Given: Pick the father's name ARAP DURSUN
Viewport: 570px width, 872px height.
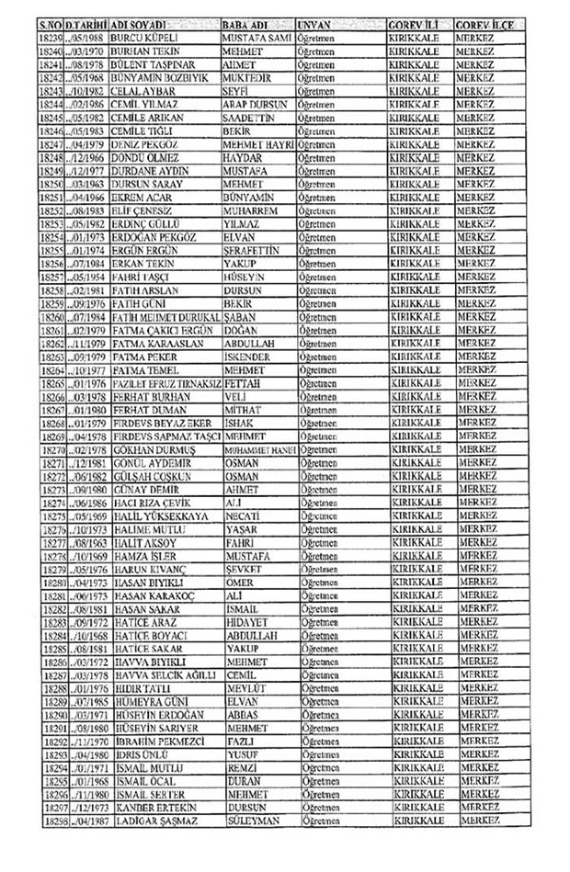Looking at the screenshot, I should (256, 108).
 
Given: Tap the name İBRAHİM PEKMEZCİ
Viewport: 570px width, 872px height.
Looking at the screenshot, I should (162, 737).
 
